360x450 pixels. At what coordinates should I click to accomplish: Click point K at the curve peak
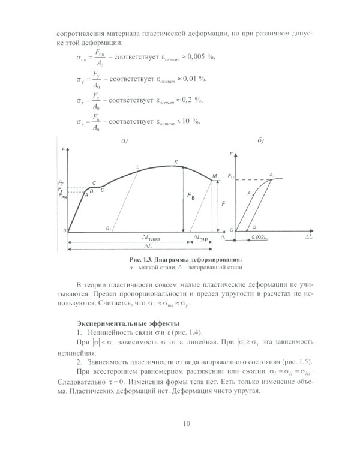176,162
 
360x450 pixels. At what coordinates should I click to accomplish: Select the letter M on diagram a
214,176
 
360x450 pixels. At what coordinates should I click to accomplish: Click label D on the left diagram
103,190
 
